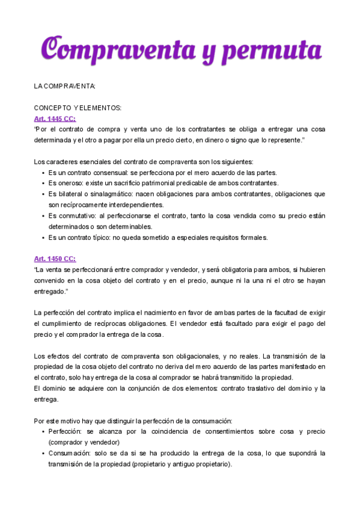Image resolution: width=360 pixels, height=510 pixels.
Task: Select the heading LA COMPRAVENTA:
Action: pyautogui.click(x=65, y=87)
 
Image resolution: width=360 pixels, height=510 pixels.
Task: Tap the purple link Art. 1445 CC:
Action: pyautogui.click(x=55, y=118)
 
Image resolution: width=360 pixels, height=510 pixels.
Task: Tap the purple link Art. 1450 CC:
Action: pyautogui.click(x=55, y=259)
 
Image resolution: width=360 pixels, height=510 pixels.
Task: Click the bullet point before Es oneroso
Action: pyautogui.click(x=43, y=183)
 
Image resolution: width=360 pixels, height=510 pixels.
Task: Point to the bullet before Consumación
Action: pyautogui.click(x=43, y=453)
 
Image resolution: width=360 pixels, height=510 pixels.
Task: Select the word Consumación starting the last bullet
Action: pyautogui.click(x=69, y=453)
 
